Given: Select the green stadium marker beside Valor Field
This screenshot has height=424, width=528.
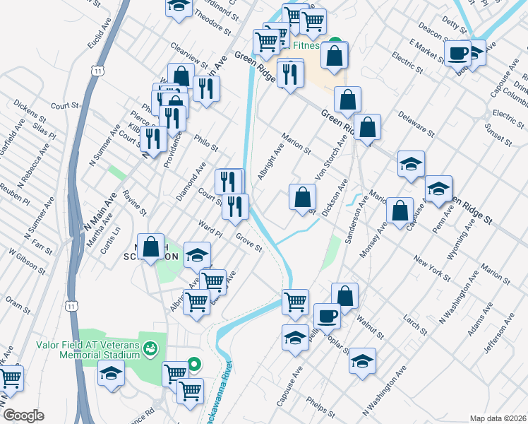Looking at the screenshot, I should point(149,348).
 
